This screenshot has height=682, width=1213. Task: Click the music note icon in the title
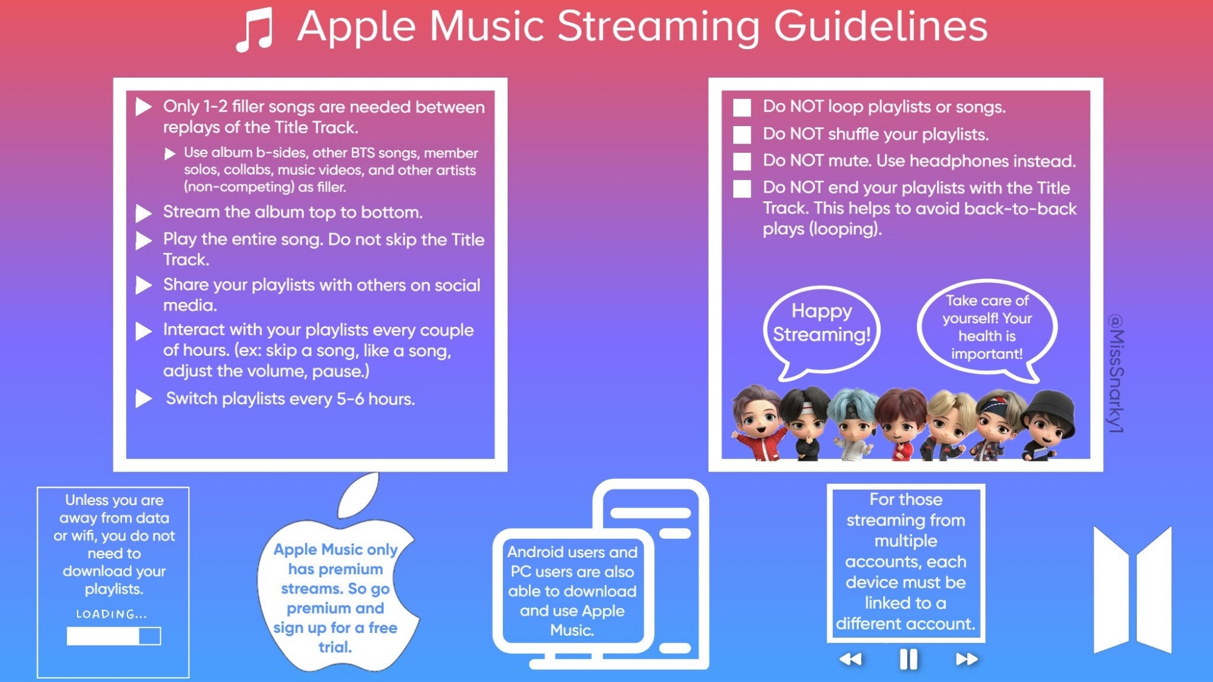coord(255,30)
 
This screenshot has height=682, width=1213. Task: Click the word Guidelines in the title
coord(881,27)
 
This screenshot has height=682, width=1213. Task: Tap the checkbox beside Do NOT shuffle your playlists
coord(742,135)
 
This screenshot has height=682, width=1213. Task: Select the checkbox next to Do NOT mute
coord(742,161)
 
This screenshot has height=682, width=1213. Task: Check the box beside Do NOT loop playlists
coord(742,107)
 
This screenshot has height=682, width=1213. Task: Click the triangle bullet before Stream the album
coord(143,213)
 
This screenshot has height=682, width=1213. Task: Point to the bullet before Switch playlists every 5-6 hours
coord(143,398)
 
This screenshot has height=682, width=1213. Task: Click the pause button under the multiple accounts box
coord(908,659)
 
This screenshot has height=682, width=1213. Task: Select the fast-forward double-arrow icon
coord(966,659)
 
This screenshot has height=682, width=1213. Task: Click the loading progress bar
coord(113,636)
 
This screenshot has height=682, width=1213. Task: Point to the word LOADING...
coord(111,614)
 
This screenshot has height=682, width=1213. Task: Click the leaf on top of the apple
coord(358,495)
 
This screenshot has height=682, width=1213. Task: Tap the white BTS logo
coord(1132,590)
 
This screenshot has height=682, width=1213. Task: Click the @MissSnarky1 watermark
coord(1117,373)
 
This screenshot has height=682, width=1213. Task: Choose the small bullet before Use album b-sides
coord(170,154)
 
